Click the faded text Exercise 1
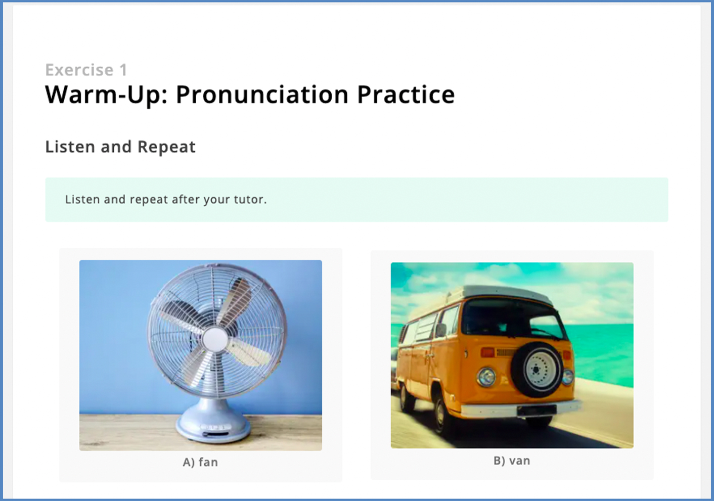point(86,70)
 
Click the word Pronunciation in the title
point(262,95)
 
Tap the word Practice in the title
point(406,95)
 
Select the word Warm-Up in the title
point(107,95)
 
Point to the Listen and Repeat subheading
point(120,147)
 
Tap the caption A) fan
point(200,462)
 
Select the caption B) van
point(512,461)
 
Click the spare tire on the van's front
point(537,370)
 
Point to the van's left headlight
point(486,377)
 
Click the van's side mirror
point(441,330)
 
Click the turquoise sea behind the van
point(602,350)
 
